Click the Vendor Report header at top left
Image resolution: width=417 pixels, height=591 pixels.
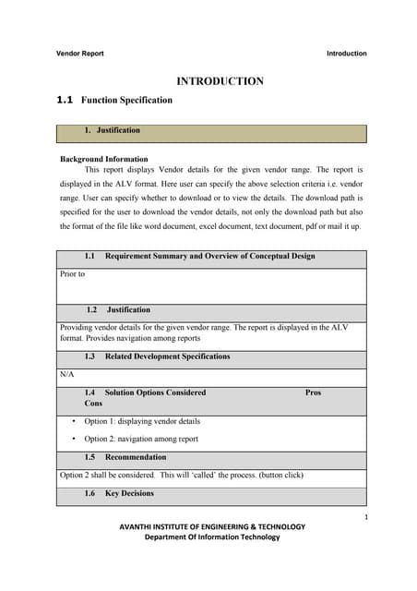tap(80, 54)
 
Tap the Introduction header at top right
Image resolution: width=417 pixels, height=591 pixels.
tap(346, 54)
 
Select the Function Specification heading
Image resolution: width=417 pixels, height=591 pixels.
tap(126, 100)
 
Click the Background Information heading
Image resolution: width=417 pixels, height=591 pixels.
tap(103, 159)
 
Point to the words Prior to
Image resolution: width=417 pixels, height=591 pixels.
tap(72, 274)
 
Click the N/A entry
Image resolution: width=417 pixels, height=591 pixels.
tap(66, 375)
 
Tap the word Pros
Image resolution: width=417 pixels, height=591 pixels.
tap(313, 392)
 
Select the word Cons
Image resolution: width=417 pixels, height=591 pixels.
tap(93, 404)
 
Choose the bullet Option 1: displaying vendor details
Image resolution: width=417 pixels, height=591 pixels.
tap(142, 421)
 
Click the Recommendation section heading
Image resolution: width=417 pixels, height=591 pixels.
tap(136, 457)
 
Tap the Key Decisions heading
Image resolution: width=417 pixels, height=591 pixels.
tap(129, 493)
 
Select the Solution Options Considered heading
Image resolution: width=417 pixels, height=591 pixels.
tap(155, 392)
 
